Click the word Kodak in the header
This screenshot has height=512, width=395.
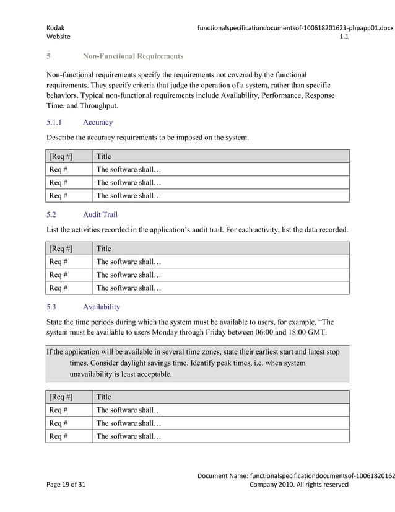tap(56, 27)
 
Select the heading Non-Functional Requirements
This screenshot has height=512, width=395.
tap(132, 56)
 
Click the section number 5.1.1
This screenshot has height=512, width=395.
tap(58, 123)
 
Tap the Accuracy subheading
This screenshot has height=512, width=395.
tap(97, 123)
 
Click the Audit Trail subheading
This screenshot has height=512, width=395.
tap(100, 215)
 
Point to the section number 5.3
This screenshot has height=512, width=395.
tap(52, 307)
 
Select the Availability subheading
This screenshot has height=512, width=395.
tap(102, 307)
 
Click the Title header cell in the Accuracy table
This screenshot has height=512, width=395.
tap(103, 156)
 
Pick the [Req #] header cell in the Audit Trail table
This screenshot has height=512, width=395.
tap(61, 249)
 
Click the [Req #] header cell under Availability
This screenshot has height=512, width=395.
tap(61, 397)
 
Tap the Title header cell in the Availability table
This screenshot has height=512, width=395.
tap(103, 397)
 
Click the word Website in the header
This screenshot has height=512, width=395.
tap(59, 37)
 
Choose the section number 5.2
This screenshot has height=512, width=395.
tap(52, 215)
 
